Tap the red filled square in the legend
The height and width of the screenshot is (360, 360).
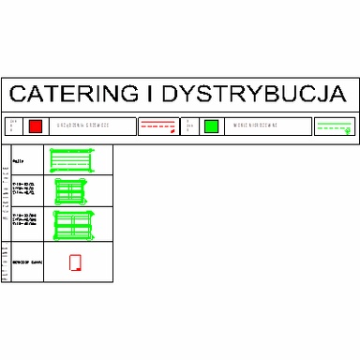36,126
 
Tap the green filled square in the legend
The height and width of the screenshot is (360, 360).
211,126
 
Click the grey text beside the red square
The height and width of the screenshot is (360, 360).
83,126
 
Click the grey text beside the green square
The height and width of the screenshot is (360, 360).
254,126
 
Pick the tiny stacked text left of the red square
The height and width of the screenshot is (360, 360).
13,126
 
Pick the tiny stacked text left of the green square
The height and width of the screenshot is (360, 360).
188,126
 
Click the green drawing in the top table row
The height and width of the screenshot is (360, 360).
71,159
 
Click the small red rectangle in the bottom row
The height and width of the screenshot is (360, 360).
76,263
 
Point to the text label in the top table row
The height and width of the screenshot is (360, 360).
19,161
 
